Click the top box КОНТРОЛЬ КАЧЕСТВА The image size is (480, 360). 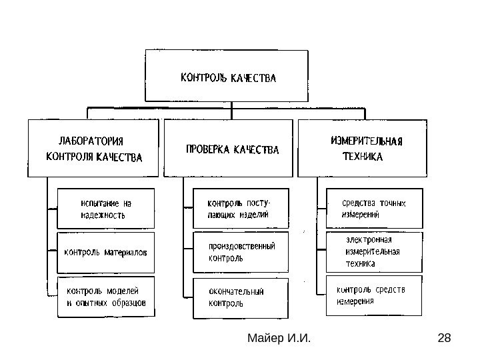pos(229,77)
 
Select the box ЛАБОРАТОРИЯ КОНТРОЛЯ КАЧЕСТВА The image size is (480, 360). pos(95,149)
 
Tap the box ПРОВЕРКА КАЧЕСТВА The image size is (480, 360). pos(228,149)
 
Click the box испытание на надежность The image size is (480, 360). pos(106,208)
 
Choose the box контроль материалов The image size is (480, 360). pos(106,253)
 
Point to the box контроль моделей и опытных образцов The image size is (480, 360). pos(106,296)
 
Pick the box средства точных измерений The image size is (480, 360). pos(373,209)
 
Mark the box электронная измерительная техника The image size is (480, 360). pos(373,252)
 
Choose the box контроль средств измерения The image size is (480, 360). pos(373,295)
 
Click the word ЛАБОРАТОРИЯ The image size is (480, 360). pos(94,141)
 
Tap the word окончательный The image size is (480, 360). pos(237,291)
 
